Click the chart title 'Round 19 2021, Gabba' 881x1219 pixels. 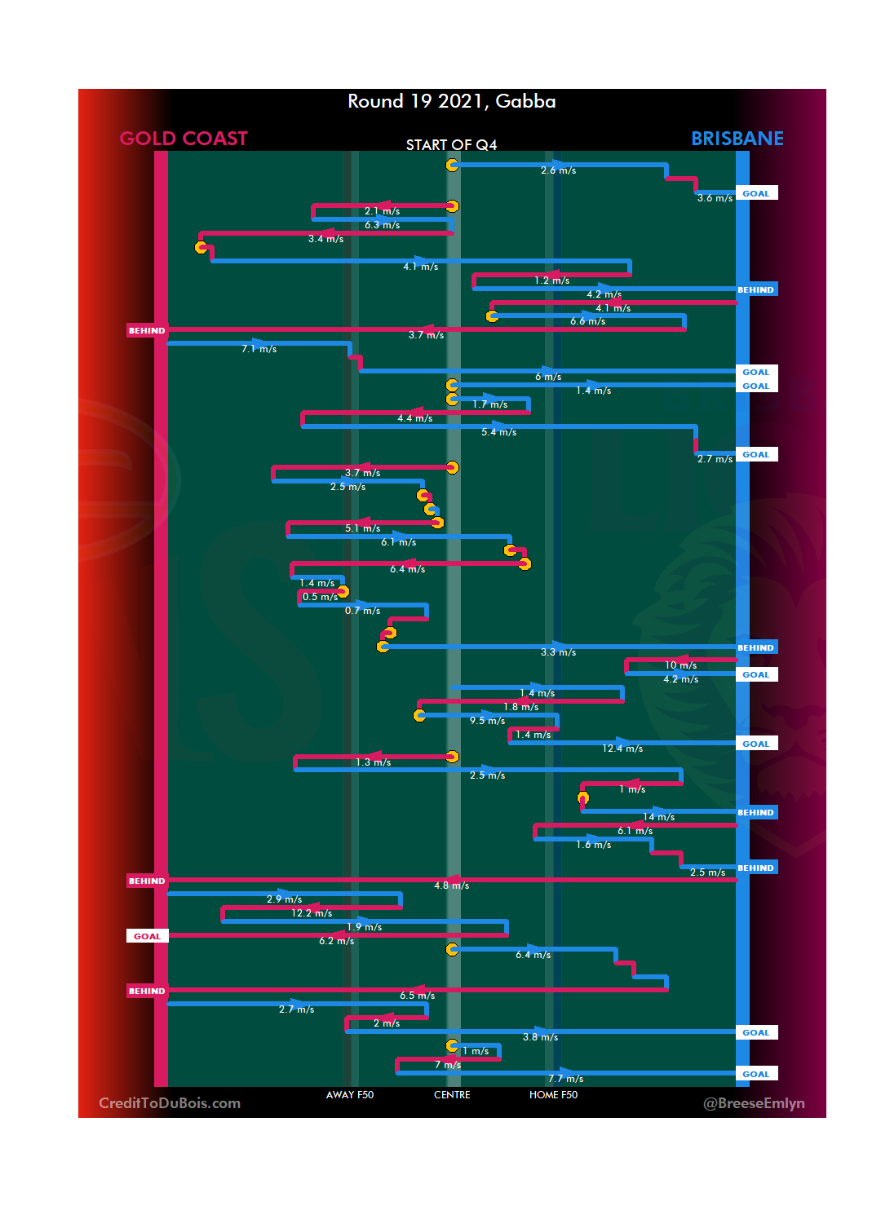[451, 101]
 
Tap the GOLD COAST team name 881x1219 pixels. [184, 139]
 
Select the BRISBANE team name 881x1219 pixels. [737, 139]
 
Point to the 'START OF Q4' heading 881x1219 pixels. [451, 145]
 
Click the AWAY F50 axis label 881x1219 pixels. [349, 1095]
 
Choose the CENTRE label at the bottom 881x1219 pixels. [452, 1095]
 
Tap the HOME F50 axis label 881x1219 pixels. [553, 1095]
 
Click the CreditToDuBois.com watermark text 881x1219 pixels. [170, 1103]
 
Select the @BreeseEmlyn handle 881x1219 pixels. [754, 1103]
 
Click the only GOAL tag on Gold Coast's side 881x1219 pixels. [147, 936]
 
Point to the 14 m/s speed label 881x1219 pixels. [658, 817]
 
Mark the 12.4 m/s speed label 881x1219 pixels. [622, 749]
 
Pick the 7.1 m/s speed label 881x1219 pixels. [259, 349]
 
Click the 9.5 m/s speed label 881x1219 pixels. [487, 721]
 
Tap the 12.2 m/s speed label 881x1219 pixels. [312, 913]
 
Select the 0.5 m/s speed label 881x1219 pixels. [320, 597]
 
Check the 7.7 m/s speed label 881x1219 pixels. [565, 1079]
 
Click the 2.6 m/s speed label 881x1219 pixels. [558, 170]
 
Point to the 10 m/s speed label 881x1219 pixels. [680, 665]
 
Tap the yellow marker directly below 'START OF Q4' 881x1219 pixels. [452, 165]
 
